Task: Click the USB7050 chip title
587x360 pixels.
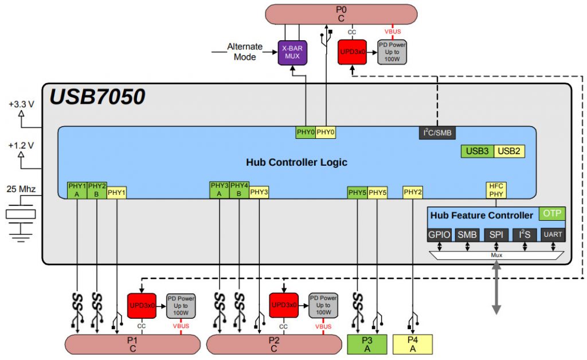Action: pos(97,97)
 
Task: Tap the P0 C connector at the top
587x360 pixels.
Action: pos(341,14)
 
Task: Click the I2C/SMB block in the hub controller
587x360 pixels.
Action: pos(437,132)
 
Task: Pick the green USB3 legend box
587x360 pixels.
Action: pos(477,151)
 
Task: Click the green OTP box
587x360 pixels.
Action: pos(552,214)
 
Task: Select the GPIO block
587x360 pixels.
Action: pos(440,234)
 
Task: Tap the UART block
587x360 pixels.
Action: pos(552,234)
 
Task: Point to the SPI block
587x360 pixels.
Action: pos(496,234)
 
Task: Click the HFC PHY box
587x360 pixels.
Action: pos(495,189)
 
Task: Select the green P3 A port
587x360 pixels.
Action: pos(367,344)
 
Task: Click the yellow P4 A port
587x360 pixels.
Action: pos(413,344)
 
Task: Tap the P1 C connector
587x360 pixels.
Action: pos(132,345)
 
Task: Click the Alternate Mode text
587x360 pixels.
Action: pos(245,52)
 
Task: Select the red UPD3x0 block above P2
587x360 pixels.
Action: pos(283,305)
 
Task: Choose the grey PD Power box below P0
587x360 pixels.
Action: pos(392,52)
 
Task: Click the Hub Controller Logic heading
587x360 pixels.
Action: pos(296,162)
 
